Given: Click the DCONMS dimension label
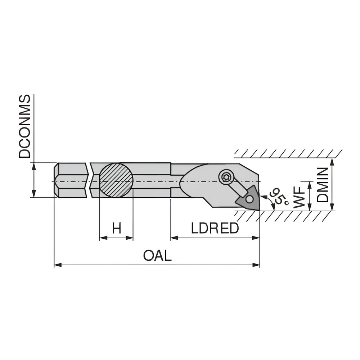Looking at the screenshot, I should (24, 127).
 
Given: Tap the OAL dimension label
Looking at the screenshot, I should (157, 256).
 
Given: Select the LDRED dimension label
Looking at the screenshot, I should (215, 229).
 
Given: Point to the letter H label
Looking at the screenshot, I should (116, 229).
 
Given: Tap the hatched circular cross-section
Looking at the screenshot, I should (116, 180).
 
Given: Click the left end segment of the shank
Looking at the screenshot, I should (71, 180).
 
